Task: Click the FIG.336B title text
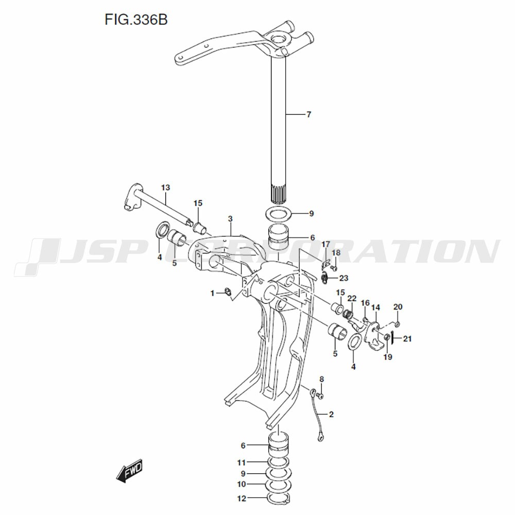(136, 20)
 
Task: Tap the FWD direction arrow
(130, 471)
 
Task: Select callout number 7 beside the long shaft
(308, 115)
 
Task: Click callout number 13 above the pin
(165, 187)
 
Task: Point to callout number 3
(230, 219)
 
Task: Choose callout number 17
(325, 244)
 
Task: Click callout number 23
(344, 278)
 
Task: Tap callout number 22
(352, 299)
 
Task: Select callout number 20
(398, 307)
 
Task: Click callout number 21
(407, 339)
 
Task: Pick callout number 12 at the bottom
(242, 499)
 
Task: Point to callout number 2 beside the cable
(331, 415)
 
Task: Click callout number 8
(321, 380)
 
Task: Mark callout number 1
(213, 293)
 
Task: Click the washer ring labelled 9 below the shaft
(279, 214)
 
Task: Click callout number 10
(242, 485)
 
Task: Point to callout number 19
(388, 357)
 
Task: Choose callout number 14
(376, 308)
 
